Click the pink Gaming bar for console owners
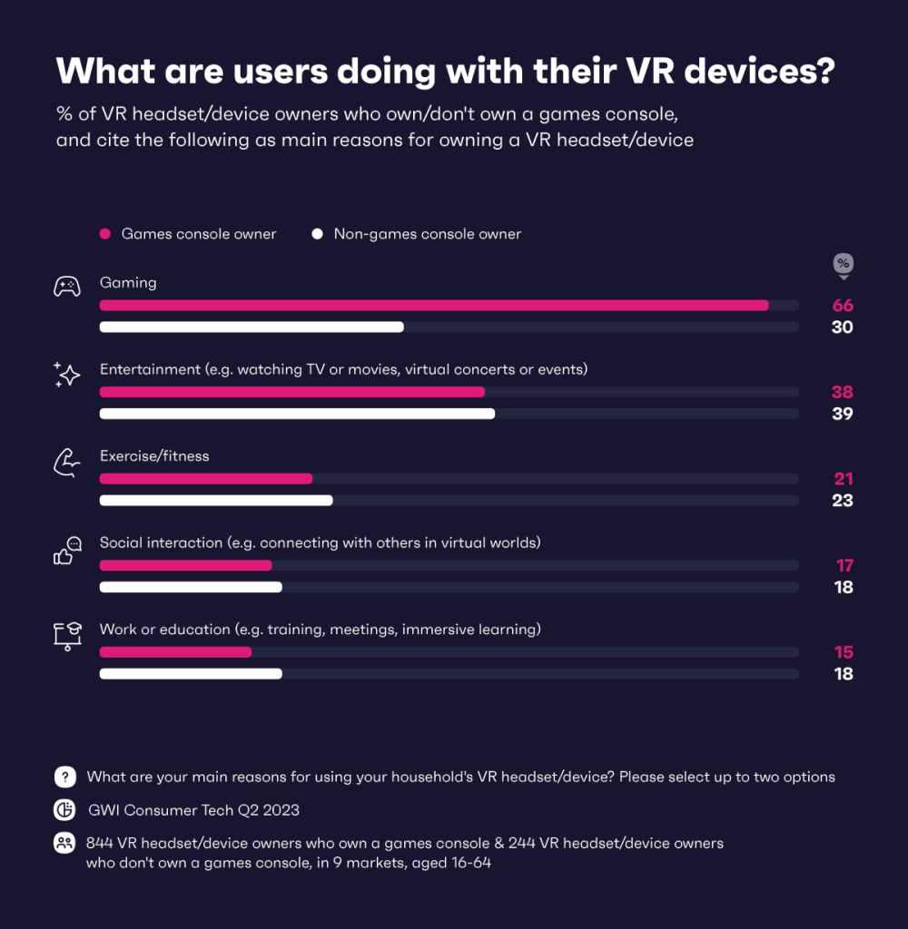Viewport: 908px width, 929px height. click(434, 306)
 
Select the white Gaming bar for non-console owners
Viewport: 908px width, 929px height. click(252, 328)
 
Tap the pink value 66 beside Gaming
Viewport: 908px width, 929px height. click(843, 306)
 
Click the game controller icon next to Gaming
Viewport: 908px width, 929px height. click(66, 288)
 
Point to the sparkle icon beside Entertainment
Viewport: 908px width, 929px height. click(66, 375)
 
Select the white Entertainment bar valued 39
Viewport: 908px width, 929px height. click(297, 414)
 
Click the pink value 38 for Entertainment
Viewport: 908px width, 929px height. click(843, 393)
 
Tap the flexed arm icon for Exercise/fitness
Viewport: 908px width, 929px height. click(66, 462)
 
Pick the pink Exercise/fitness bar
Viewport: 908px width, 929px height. click(206, 479)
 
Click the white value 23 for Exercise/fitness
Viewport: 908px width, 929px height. click(843, 501)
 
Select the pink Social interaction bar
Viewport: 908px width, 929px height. click(186, 565)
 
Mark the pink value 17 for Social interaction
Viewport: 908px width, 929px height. click(844, 566)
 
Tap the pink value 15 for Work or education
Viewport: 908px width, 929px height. click(844, 652)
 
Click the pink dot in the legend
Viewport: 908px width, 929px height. click(105, 234)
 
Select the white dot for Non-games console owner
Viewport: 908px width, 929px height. click(317, 234)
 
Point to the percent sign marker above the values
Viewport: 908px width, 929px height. click(843, 264)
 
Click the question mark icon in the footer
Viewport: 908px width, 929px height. click(64, 777)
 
